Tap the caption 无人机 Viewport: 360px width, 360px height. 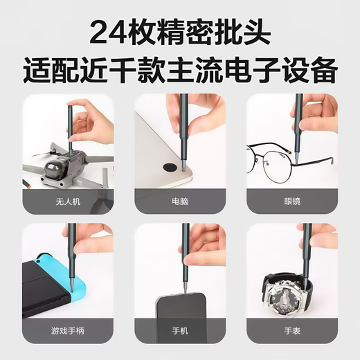click(x=67, y=203)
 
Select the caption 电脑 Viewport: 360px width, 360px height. click(x=181, y=203)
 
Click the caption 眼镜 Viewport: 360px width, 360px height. click(x=291, y=203)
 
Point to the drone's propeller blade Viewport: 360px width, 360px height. click(x=39, y=152)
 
